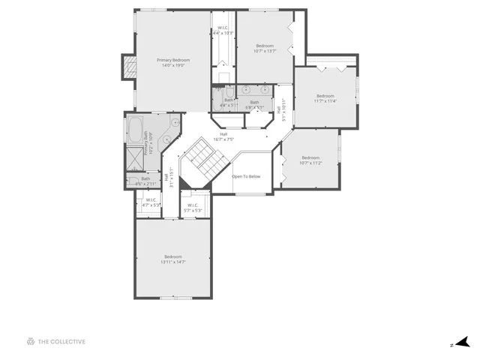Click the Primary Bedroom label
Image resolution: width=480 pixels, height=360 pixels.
click(x=172, y=63)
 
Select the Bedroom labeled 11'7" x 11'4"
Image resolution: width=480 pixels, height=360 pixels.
click(x=325, y=98)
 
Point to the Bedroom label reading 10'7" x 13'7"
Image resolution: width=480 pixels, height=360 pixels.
click(x=265, y=48)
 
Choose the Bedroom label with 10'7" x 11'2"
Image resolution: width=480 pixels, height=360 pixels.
click(x=310, y=160)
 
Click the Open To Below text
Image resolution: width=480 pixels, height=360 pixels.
click(x=246, y=176)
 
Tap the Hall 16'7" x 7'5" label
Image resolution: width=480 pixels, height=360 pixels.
click(x=223, y=136)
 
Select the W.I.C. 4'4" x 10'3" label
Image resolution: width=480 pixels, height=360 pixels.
click(x=223, y=31)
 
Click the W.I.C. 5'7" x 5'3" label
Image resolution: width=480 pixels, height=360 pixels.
click(x=193, y=208)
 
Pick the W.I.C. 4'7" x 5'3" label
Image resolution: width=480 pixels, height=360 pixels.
click(x=151, y=202)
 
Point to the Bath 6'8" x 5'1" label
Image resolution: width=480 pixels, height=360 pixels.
click(x=254, y=104)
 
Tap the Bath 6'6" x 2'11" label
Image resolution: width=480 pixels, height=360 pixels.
click(x=145, y=181)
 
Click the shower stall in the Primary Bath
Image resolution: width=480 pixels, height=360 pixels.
click(x=136, y=157)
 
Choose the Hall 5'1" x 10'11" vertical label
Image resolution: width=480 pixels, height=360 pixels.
click(x=283, y=109)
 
